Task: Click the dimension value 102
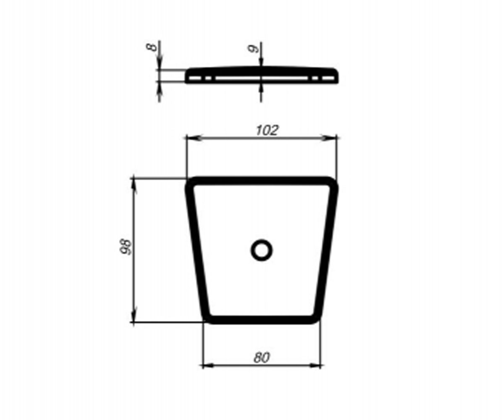267,130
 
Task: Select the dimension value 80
262,358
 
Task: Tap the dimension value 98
126,247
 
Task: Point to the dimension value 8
152,47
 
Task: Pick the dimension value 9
253,49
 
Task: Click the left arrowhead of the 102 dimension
194,138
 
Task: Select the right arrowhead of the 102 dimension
329,138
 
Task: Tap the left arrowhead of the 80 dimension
209,366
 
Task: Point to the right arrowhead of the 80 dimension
315,366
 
